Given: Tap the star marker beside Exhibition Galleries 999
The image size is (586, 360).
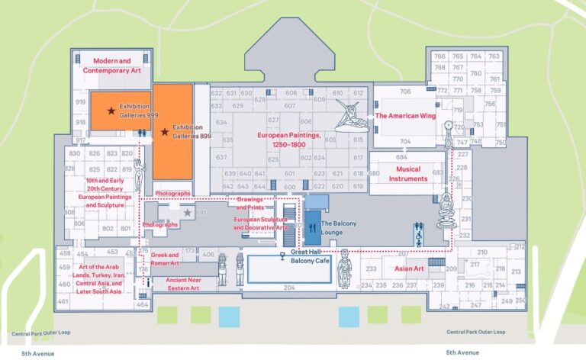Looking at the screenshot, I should point(111,111).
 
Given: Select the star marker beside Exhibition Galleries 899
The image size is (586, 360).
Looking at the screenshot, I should point(165,132).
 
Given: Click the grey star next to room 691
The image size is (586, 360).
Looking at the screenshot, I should point(188,213).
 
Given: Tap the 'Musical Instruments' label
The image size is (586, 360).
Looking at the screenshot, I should point(407,174).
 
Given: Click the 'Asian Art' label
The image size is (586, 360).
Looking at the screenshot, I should point(409,268).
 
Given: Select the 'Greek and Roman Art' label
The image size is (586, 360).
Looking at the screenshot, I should point(164,258).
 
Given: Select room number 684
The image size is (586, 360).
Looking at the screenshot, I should point(401,157).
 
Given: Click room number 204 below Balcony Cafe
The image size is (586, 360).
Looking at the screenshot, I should point(288,288).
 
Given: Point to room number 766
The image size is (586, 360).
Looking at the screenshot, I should point(439,56).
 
